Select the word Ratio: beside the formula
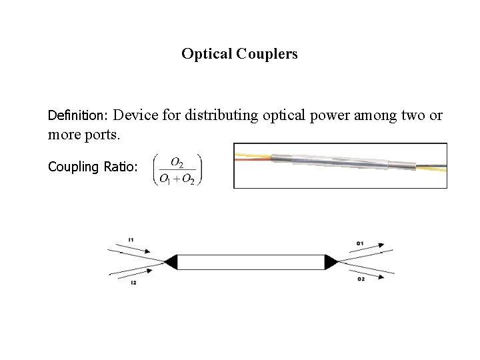point(121,167)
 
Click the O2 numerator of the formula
point(178,162)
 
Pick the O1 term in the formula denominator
point(163,179)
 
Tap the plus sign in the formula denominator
point(177,179)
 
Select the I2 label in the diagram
point(133,283)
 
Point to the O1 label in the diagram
point(360,243)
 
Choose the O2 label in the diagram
point(361,279)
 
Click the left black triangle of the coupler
point(171,261)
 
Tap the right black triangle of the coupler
point(331,261)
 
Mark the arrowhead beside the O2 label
point(381,279)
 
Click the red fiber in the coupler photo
point(253,160)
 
